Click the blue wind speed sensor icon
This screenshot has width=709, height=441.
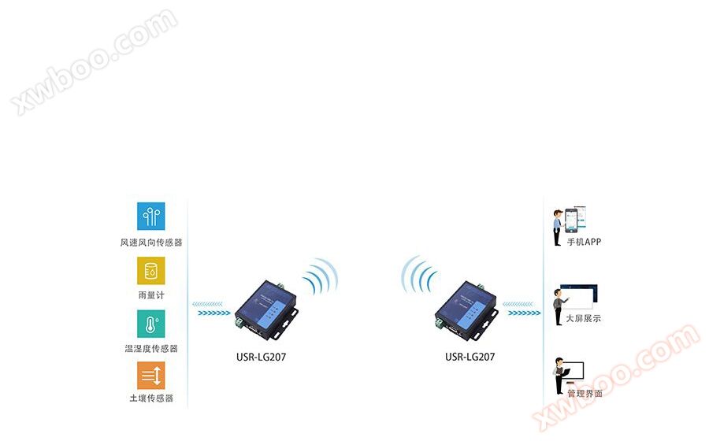[x=151, y=217]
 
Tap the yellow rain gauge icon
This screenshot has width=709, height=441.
[x=151, y=271]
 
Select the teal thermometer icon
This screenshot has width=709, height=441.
[x=151, y=324]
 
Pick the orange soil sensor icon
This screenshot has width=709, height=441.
[x=151, y=376]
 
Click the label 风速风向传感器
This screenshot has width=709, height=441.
[x=151, y=243]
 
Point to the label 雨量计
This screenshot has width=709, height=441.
[x=151, y=295]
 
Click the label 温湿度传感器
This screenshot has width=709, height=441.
[x=151, y=348]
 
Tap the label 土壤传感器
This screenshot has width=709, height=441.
[x=151, y=398]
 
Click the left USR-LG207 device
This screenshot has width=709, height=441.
[x=267, y=310]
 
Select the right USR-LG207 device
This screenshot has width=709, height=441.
[x=466, y=310]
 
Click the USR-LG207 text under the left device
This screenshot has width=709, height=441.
[x=261, y=357]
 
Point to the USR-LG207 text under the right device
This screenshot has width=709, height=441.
[x=470, y=357]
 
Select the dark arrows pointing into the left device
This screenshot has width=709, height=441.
[x=213, y=313]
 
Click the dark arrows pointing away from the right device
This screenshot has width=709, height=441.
[x=524, y=313]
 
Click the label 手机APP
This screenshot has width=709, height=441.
[x=584, y=242]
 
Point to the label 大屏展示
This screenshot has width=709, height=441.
[x=584, y=319]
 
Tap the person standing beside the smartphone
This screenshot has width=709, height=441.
[x=558, y=228]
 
